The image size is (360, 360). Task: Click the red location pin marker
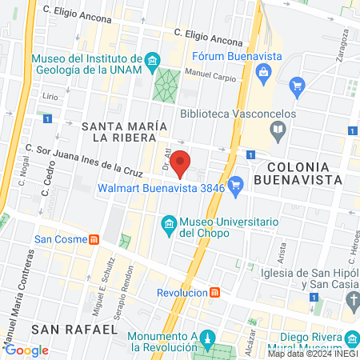(x=182, y=162)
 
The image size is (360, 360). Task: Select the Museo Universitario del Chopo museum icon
(x=169, y=222)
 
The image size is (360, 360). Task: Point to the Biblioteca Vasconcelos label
(x=238, y=114)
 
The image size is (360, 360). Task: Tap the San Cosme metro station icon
(x=94, y=238)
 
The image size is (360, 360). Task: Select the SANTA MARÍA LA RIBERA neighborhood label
(x=124, y=132)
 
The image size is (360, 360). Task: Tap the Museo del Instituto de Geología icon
(x=151, y=59)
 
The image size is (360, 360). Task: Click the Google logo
(x=26, y=350)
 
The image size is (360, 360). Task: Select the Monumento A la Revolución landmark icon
(x=208, y=338)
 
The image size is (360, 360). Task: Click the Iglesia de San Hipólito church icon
(x=352, y=299)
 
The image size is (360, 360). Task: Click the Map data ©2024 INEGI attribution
(x=313, y=354)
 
